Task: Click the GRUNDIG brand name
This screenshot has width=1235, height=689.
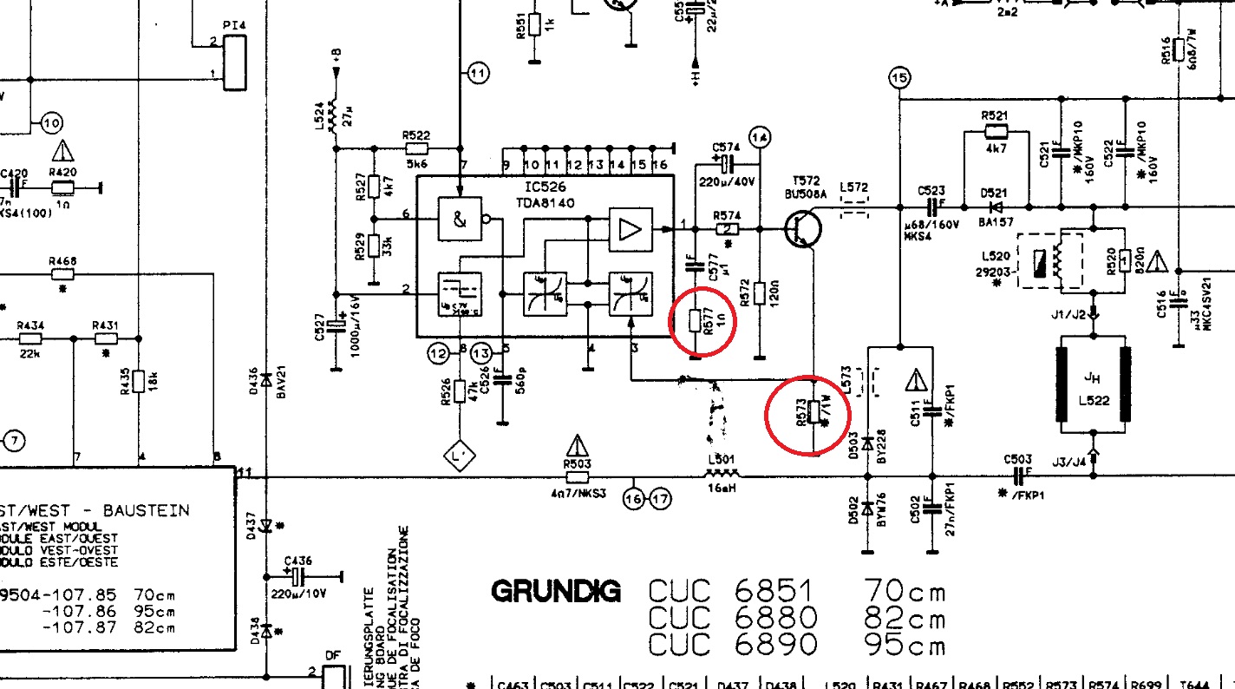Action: coord(556,592)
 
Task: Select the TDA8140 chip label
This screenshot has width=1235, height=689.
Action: coord(544,203)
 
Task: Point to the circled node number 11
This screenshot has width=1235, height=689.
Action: coord(478,74)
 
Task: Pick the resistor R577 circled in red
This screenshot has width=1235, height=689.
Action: coord(694,321)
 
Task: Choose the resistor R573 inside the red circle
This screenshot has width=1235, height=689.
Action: coord(814,412)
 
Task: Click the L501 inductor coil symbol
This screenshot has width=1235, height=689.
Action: coord(722,474)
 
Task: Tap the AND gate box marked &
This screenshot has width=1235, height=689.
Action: coord(460,221)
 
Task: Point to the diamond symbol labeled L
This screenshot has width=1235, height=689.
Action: coord(459,455)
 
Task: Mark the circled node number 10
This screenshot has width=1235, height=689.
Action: coord(51,124)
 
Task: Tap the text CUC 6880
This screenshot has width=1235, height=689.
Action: coord(733,618)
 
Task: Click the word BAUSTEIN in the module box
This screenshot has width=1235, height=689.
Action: coord(146,510)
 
